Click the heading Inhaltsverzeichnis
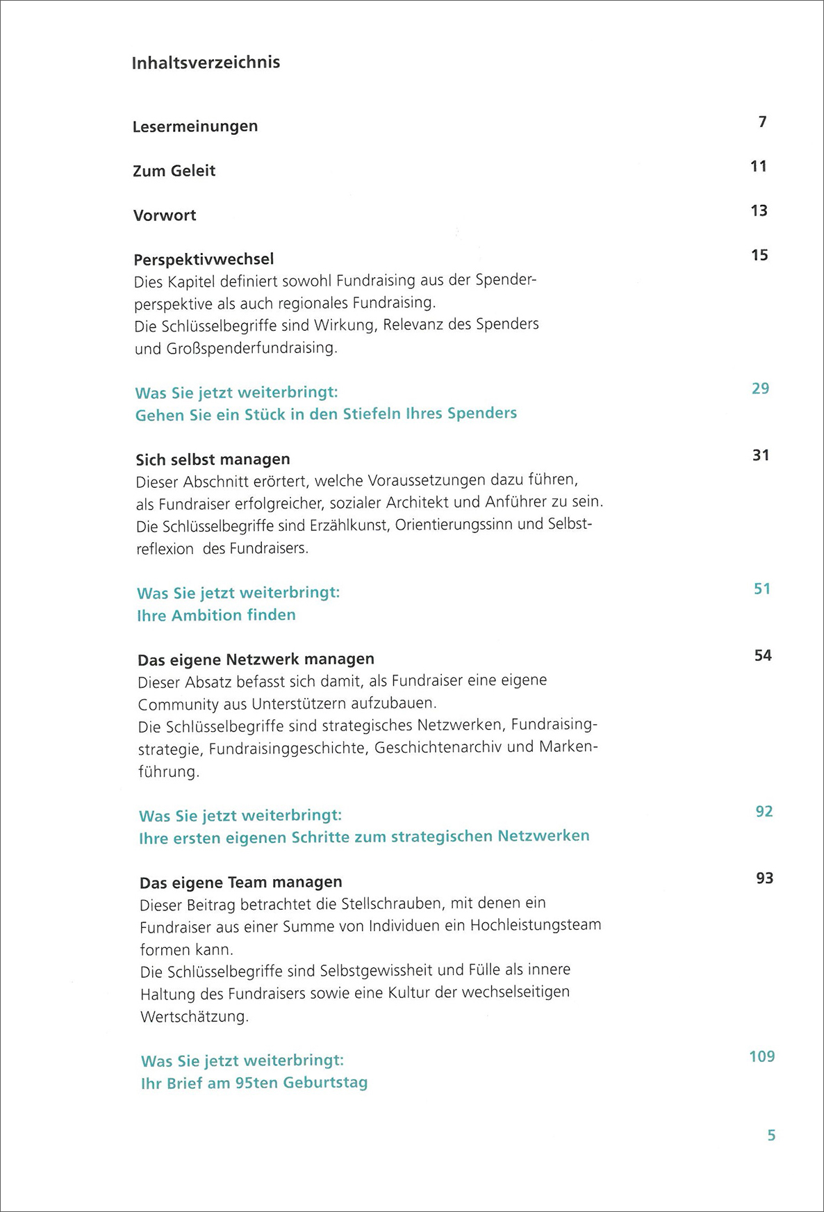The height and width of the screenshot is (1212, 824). tap(206, 63)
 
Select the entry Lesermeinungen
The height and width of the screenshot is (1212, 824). tap(195, 126)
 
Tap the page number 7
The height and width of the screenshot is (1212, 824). tap(762, 122)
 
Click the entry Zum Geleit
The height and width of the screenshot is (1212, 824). tap(174, 171)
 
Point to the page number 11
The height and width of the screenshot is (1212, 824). tap(759, 167)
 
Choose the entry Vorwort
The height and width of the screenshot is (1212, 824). tap(165, 215)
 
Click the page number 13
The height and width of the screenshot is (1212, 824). tap(759, 211)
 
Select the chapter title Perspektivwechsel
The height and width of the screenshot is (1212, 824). tap(204, 259)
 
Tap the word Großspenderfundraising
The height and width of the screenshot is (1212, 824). tap(252, 348)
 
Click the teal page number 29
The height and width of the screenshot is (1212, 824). tap(760, 388)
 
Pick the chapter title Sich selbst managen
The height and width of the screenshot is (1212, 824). tap(213, 459)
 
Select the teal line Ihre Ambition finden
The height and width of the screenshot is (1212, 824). tap(216, 615)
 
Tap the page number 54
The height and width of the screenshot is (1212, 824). tap(763, 655)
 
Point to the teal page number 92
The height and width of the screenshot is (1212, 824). tap(764, 812)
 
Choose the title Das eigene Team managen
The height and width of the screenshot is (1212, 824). tap(240, 883)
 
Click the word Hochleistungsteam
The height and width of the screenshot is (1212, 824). tap(536, 926)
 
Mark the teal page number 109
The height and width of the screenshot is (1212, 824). tap(761, 1057)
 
